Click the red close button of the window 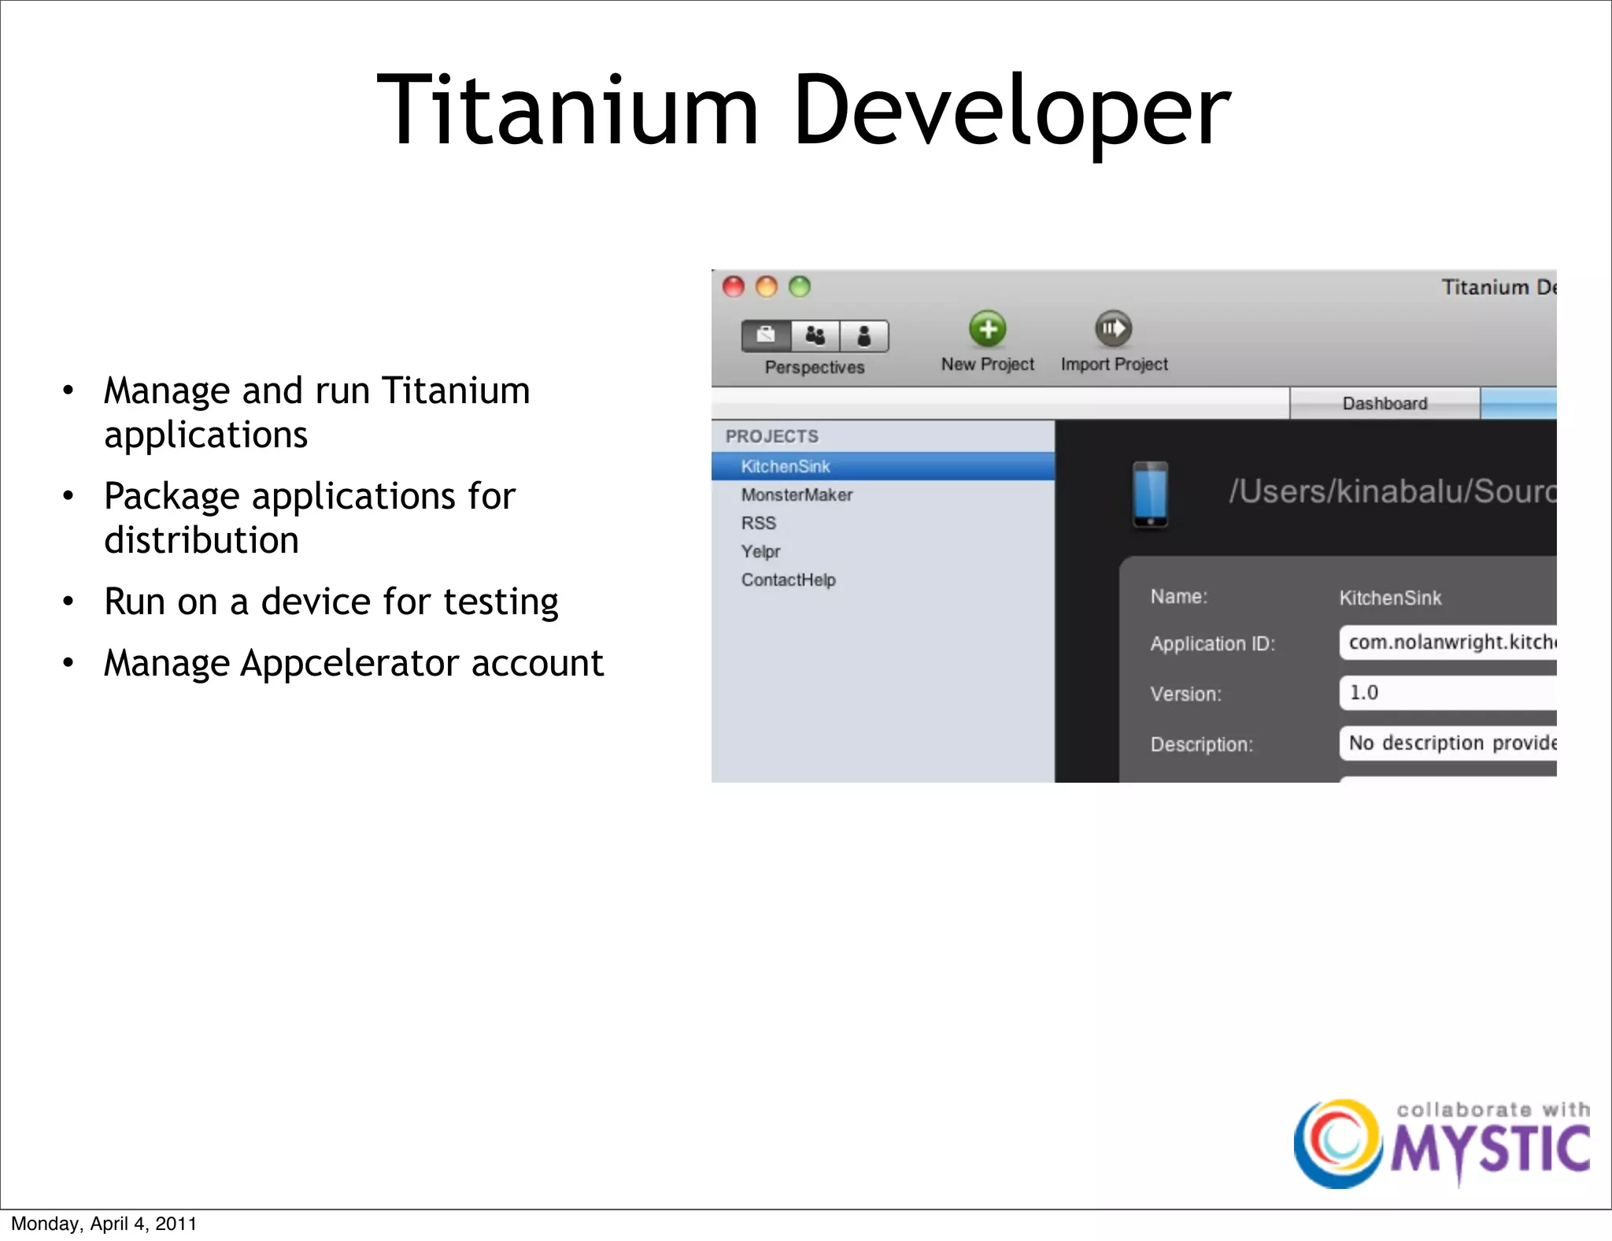(x=734, y=287)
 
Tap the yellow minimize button (x=767, y=287)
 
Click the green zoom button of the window (x=800, y=287)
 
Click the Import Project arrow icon (x=1113, y=329)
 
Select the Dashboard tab (x=1385, y=403)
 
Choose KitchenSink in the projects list (x=786, y=466)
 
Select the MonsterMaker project (x=797, y=495)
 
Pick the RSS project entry (x=759, y=523)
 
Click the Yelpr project (x=760, y=551)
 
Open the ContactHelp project (x=789, y=580)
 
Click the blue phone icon (x=1150, y=495)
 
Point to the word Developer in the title (x=1011, y=110)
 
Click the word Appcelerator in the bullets (x=349, y=663)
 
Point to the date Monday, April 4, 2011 (x=104, y=1224)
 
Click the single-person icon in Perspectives (x=864, y=336)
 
